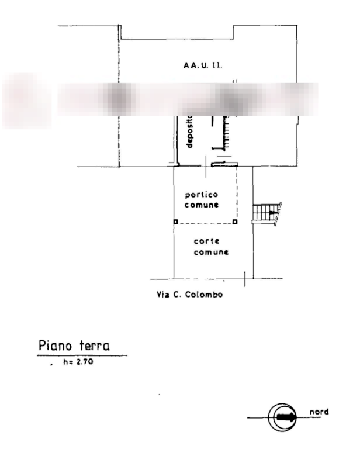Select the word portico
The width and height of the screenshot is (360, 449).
point(202,195)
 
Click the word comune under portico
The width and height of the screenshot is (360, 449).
point(202,205)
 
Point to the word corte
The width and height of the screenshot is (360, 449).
point(207,241)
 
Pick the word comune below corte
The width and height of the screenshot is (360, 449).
point(211,253)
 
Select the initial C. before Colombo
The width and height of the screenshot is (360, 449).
point(176,295)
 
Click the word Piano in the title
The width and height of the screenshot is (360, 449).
point(55,346)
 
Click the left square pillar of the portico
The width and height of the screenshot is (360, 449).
point(174,222)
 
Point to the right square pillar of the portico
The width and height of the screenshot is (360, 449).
point(234,222)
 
